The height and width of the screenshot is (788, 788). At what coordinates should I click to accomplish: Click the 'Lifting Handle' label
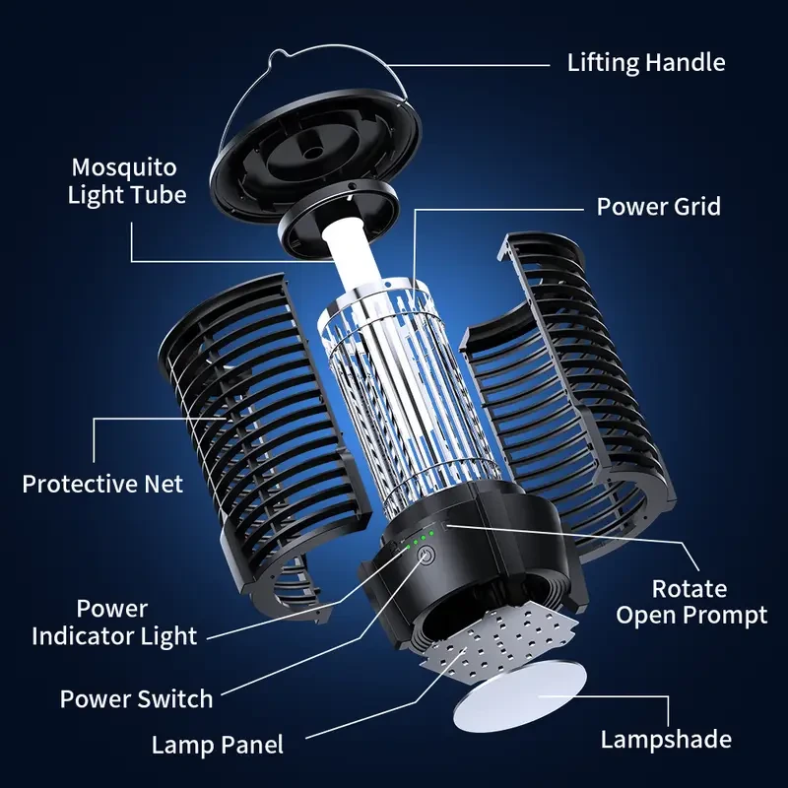click(645, 63)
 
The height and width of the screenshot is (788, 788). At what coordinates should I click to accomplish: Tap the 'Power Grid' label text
click(658, 207)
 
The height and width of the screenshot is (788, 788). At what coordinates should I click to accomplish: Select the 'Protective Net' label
click(102, 485)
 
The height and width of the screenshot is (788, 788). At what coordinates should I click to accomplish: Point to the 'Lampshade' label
click(666, 739)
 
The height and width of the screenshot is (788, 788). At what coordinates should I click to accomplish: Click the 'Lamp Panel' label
click(217, 745)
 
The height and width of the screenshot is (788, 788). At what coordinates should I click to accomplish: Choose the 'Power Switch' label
click(136, 699)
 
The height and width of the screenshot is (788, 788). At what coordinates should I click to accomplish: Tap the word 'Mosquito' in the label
click(125, 166)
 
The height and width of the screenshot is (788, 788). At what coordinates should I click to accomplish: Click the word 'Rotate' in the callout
click(689, 589)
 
